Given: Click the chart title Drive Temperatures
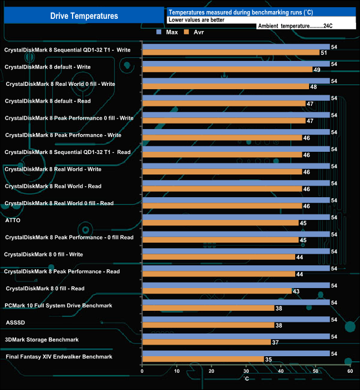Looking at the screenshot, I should (x=84, y=16).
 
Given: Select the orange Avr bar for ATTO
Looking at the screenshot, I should (x=220, y=223).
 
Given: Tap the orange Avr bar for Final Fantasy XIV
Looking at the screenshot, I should (x=203, y=360).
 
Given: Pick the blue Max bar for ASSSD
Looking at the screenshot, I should (x=236, y=319).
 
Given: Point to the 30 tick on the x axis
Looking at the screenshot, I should (x=246, y=371).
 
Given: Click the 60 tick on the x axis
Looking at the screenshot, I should (x=350, y=371).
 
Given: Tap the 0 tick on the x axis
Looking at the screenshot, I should (x=142, y=371).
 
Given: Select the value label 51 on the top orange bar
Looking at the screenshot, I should (x=323, y=53).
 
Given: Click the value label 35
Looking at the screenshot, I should (x=268, y=360).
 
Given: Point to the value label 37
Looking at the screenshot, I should (x=275, y=342).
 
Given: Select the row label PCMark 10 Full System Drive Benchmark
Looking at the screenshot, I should (x=58, y=305).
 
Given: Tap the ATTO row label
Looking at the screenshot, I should (x=12, y=220).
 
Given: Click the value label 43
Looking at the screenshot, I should (x=296, y=291).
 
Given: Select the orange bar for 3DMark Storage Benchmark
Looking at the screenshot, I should (x=207, y=342).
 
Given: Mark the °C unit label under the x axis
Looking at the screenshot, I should (x=246, y=379).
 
